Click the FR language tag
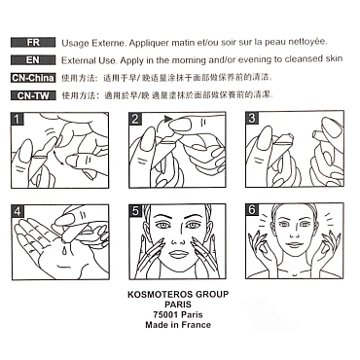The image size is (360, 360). [x=33, y=43]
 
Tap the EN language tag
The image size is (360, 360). [x=33, y=60]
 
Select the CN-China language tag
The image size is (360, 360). [x=33, y=78]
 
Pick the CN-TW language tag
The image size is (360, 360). [x=33, y=95]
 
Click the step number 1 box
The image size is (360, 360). [x=17, y=119]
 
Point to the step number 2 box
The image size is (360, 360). [x=135, y=119]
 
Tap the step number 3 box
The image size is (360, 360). [x=252, y=118]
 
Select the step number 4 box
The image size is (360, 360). [x=18, y=211]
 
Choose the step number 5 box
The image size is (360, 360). [x=135, y=211]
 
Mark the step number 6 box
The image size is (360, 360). [x=252, y=210]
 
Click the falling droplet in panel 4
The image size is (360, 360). [x=65, y=250]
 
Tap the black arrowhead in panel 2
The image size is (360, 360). [x=167, y=119]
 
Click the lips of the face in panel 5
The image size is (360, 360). [x=177, y=254]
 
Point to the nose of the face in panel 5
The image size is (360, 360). [x=177, y=240]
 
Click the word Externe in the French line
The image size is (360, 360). [x=109, y=43]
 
